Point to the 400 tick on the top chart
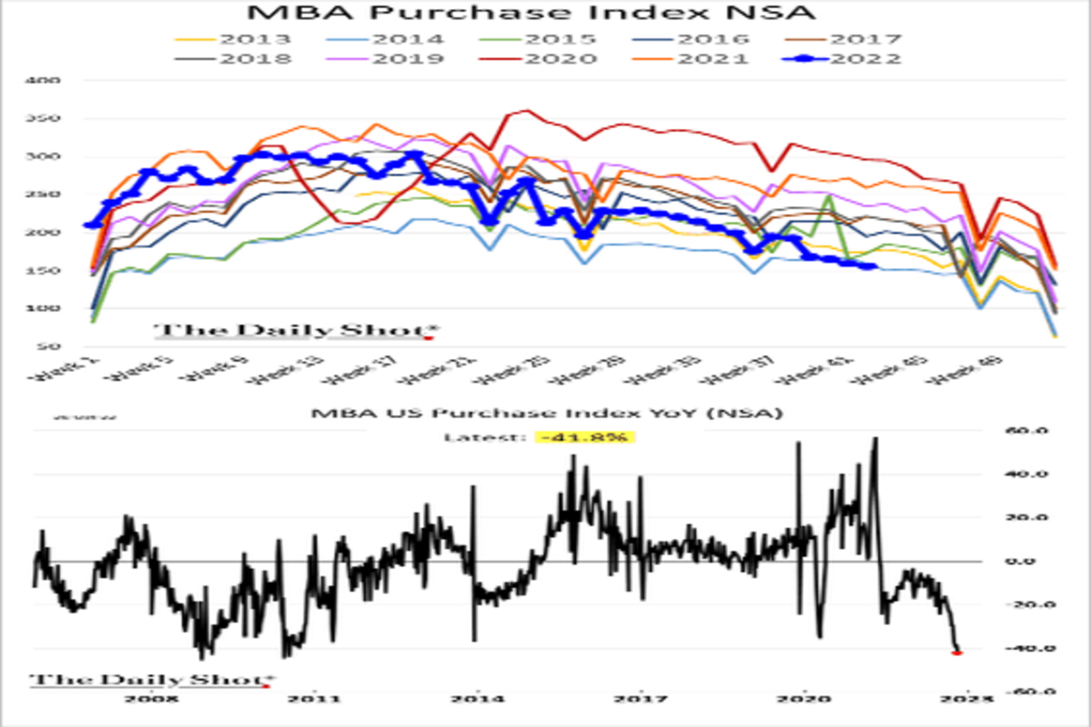tap(48, 81)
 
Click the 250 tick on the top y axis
tap(48, 194)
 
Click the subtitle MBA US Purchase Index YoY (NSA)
tap(545, 413)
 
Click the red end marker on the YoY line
tap(957, 652)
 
